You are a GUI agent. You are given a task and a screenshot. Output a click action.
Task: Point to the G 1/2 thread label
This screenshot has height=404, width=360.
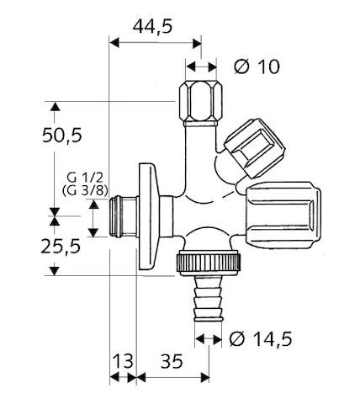(85, 178)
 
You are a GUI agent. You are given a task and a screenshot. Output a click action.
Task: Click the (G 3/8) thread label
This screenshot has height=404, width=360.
(85, 191)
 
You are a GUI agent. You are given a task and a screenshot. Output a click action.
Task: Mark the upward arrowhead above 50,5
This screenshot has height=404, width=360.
(56, 108)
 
